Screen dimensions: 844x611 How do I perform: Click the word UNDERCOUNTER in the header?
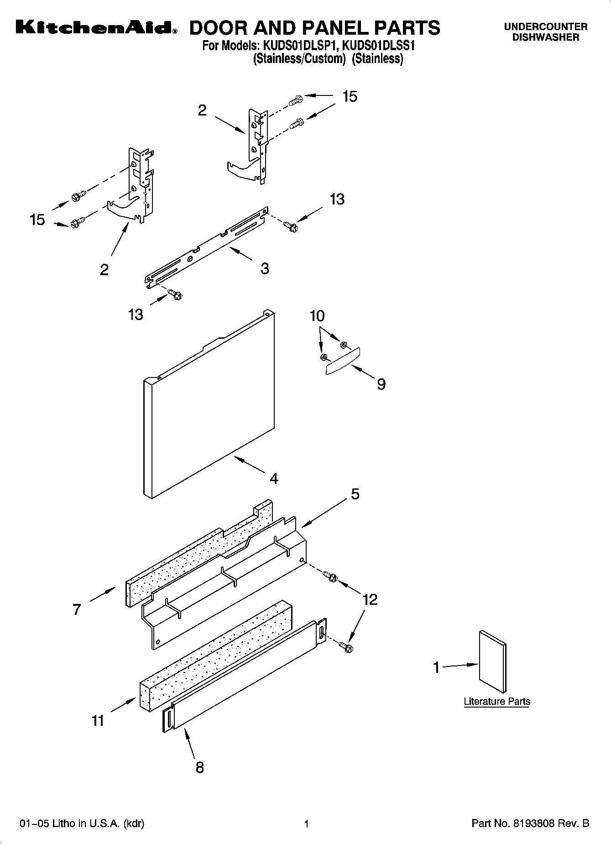pyautogui.click(x=545, y=27)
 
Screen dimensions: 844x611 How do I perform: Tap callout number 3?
pyautogui.click(x=265, y=268)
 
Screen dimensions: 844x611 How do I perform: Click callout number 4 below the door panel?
pyautogui.click(x=274, y=478)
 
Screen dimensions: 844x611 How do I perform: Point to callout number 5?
pyautogui.click(x=355, y=494)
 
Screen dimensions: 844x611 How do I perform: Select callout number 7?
pyautogui.click(x=77, y=609)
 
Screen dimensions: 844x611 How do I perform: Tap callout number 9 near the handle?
pyautogui.click(x=381, y=384)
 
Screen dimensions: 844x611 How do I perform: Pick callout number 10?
pyautogui.click(x=317, y=316)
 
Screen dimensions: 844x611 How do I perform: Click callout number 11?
pyautogui.click(x=98, y=720)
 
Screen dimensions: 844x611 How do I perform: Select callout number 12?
pyautogui.click(x=370, y=599)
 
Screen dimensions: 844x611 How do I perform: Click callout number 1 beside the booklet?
pyautogui.click(x=436, y=667)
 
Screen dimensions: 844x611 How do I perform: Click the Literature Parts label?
pyautogui.click(x=497, y=701)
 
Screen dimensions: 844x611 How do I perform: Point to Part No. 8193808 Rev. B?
pyautogui.click(x=530, y=823)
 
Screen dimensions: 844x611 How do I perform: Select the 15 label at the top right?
pyautogui.click(x=350, y=97)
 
